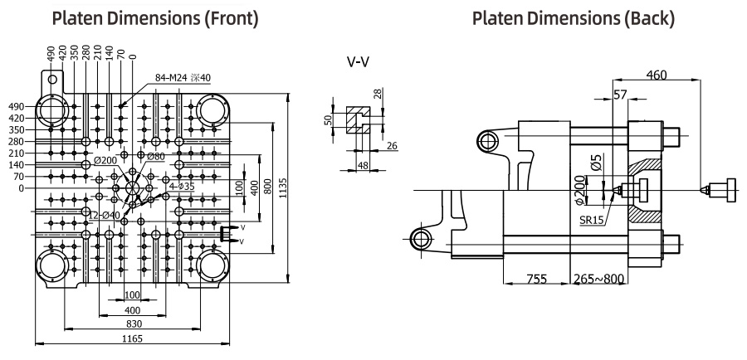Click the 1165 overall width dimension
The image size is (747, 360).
tap(133, 338)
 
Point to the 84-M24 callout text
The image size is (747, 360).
tap(183, 78)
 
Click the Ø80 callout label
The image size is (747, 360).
tap(156, 156)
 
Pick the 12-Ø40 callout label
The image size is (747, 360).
tap(105, 216)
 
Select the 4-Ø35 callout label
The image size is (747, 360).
tap(182, 186)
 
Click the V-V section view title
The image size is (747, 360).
tap(358, 62)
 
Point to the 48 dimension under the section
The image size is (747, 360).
tap(363, 165)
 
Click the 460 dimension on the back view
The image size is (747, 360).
tap(656, 75)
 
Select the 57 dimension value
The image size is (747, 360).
tap(620, 95)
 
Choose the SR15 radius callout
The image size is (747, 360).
tap(591, 221)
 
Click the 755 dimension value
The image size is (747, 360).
tap(536, 278)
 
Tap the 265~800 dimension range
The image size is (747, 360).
tap(598, 278)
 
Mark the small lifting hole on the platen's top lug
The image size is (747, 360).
tap(52, 79)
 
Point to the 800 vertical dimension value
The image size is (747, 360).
tap(267, 186)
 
